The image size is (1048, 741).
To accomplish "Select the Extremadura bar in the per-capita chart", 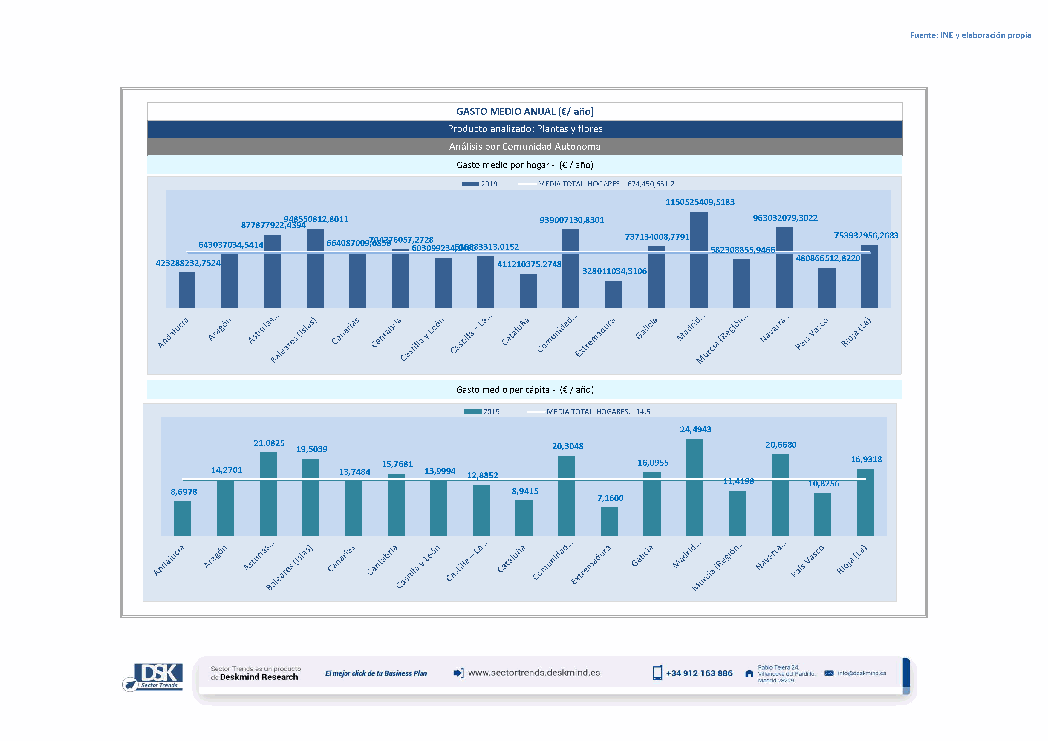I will point(609,521).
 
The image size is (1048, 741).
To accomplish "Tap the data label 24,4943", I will point(695,429).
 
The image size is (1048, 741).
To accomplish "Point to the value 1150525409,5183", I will point(700,202).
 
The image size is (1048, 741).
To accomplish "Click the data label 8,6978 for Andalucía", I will point(183,492).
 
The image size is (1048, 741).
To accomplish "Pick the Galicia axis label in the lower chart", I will point(643,556).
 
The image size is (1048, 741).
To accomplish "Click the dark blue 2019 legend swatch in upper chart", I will point(470,184).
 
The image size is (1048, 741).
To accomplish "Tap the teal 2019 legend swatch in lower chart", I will point(472,411).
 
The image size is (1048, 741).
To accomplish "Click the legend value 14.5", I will point(643,411).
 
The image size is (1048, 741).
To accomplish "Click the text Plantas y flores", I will point(569,129).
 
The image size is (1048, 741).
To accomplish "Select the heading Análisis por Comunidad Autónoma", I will point(524,146).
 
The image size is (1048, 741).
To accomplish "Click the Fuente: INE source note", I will point(970,35).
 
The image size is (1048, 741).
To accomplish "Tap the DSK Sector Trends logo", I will point(155,676).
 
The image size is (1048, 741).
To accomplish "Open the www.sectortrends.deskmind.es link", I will point(534,673).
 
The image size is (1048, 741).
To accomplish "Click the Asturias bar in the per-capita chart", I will point(268,494).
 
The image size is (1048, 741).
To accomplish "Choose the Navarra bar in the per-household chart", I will point(784,267).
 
